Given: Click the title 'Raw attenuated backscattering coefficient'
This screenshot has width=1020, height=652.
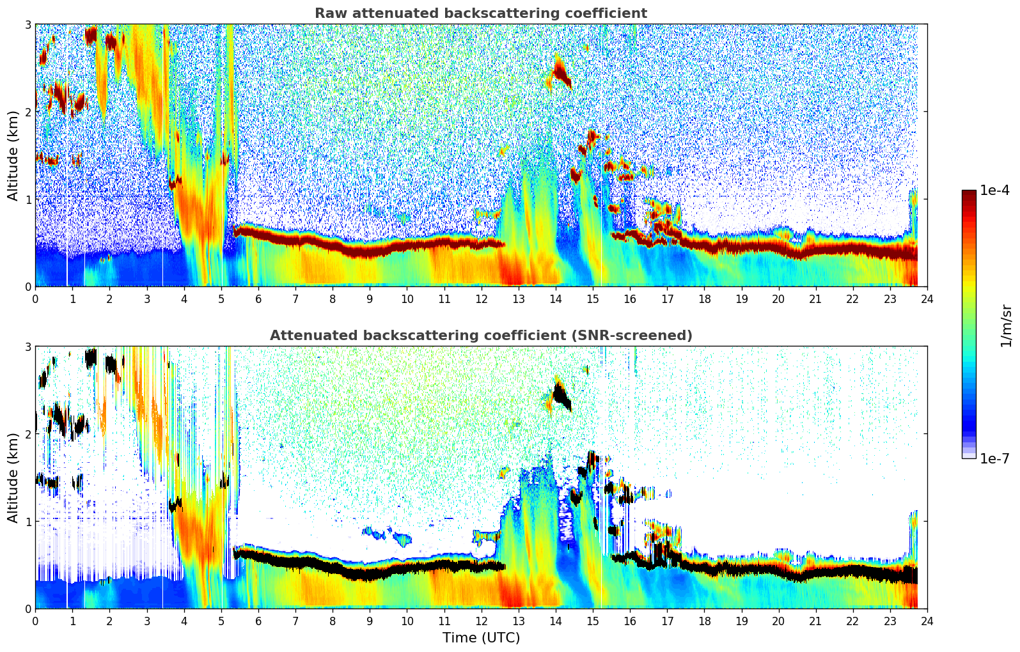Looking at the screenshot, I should tap(480, 13).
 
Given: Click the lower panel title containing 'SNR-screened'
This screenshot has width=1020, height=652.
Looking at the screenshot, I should tap(480, 336).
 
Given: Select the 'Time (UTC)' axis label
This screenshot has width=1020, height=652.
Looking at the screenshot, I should tap(481, 638).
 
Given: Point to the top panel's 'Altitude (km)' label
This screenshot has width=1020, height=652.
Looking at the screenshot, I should tap(13, 155).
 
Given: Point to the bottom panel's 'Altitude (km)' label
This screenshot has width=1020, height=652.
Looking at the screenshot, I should tap(13, 477).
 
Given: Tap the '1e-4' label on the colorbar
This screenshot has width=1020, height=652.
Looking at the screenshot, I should tap(994, 190).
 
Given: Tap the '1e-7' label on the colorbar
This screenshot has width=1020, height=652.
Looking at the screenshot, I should tap(994, 458).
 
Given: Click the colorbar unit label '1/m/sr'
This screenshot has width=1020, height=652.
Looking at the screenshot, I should tap(1006, 326).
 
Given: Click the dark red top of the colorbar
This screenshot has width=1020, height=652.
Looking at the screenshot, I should tap(969, 194).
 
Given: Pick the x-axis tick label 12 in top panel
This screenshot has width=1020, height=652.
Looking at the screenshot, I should tap(481, 299).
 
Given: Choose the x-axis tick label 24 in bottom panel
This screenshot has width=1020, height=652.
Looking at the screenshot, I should tap(927, 621).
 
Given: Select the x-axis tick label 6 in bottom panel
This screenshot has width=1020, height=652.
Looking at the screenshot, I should tap(258, 621).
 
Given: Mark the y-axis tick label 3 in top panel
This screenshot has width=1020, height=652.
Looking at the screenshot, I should tap(28, 24).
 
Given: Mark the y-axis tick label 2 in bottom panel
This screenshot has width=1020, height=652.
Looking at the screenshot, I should tap(28, 434).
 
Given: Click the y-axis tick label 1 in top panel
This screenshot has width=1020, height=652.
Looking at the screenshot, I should tap(28, 199).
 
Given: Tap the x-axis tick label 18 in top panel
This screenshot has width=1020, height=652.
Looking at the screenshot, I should tap(704, 299).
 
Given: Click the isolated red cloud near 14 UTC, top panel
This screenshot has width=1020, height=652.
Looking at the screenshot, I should tap(562, 74).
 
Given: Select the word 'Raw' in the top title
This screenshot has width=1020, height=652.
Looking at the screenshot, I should tap(327, 13).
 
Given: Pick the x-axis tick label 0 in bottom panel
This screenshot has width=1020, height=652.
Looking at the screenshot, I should tap(35, 621).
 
